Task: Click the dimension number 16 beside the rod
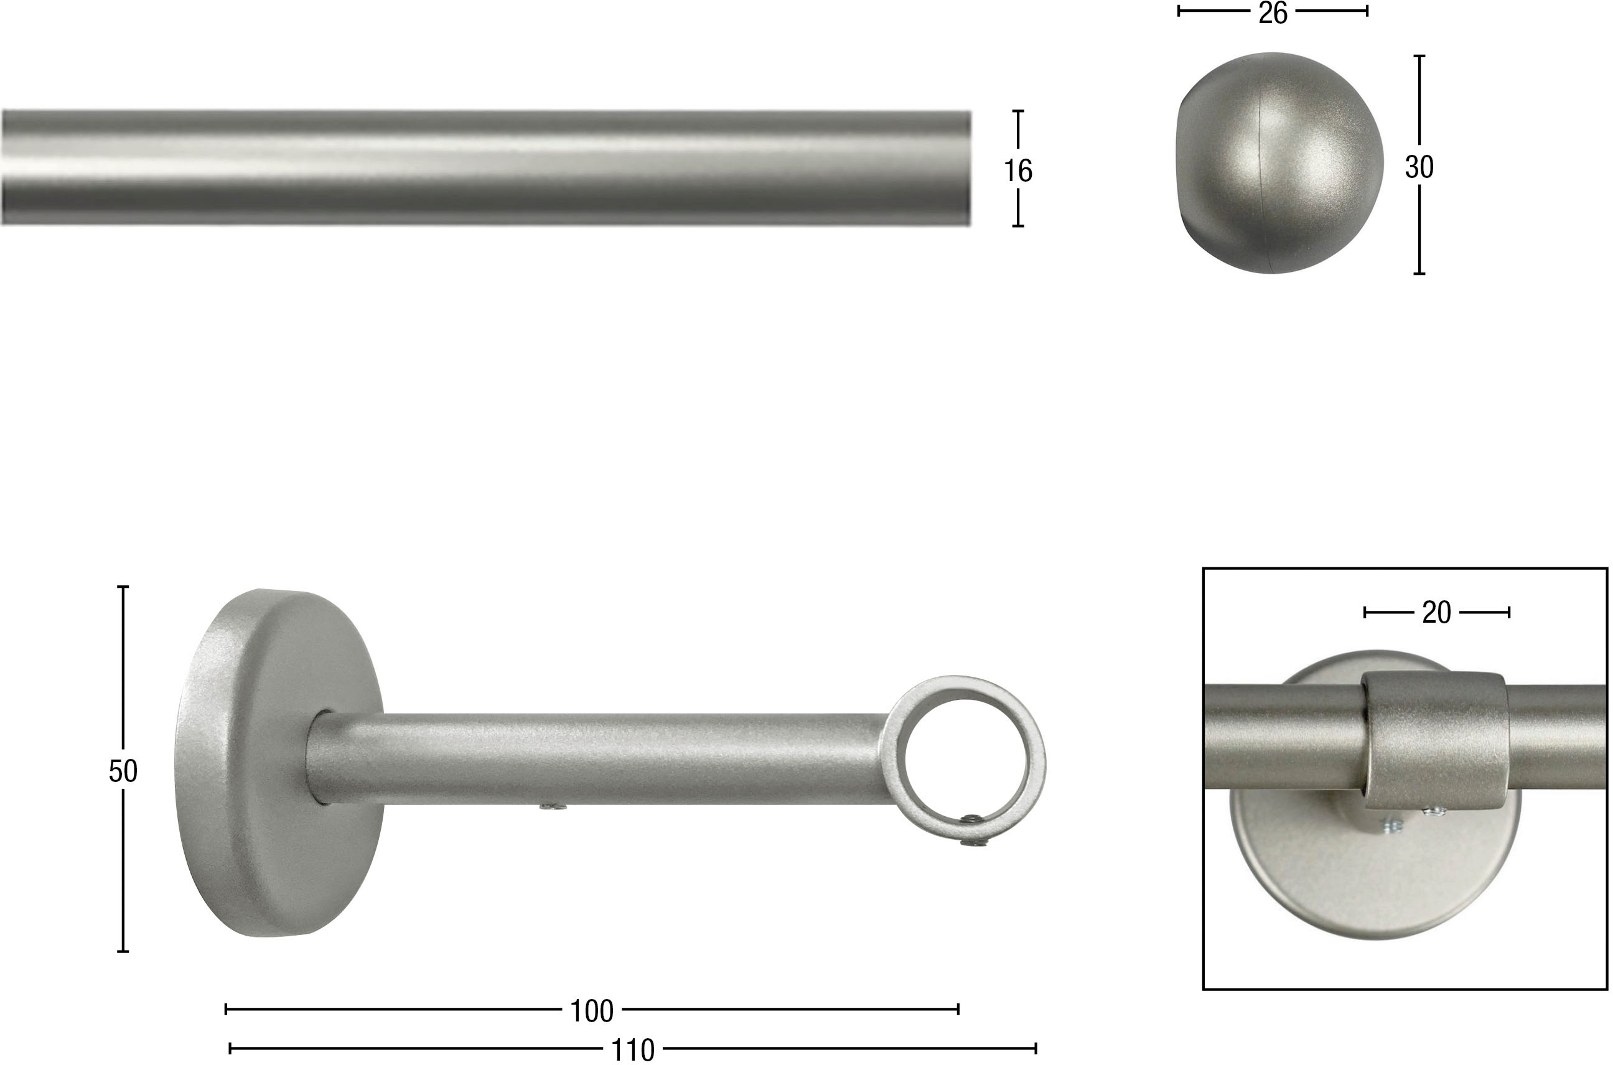[1018, 170]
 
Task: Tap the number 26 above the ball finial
[1273, 13]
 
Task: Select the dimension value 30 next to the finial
[1419, 167]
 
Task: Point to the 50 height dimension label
[123, 771]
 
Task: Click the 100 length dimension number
[592, 1012]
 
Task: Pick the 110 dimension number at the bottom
[632, 1050]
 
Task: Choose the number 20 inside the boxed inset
[1436, 613]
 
